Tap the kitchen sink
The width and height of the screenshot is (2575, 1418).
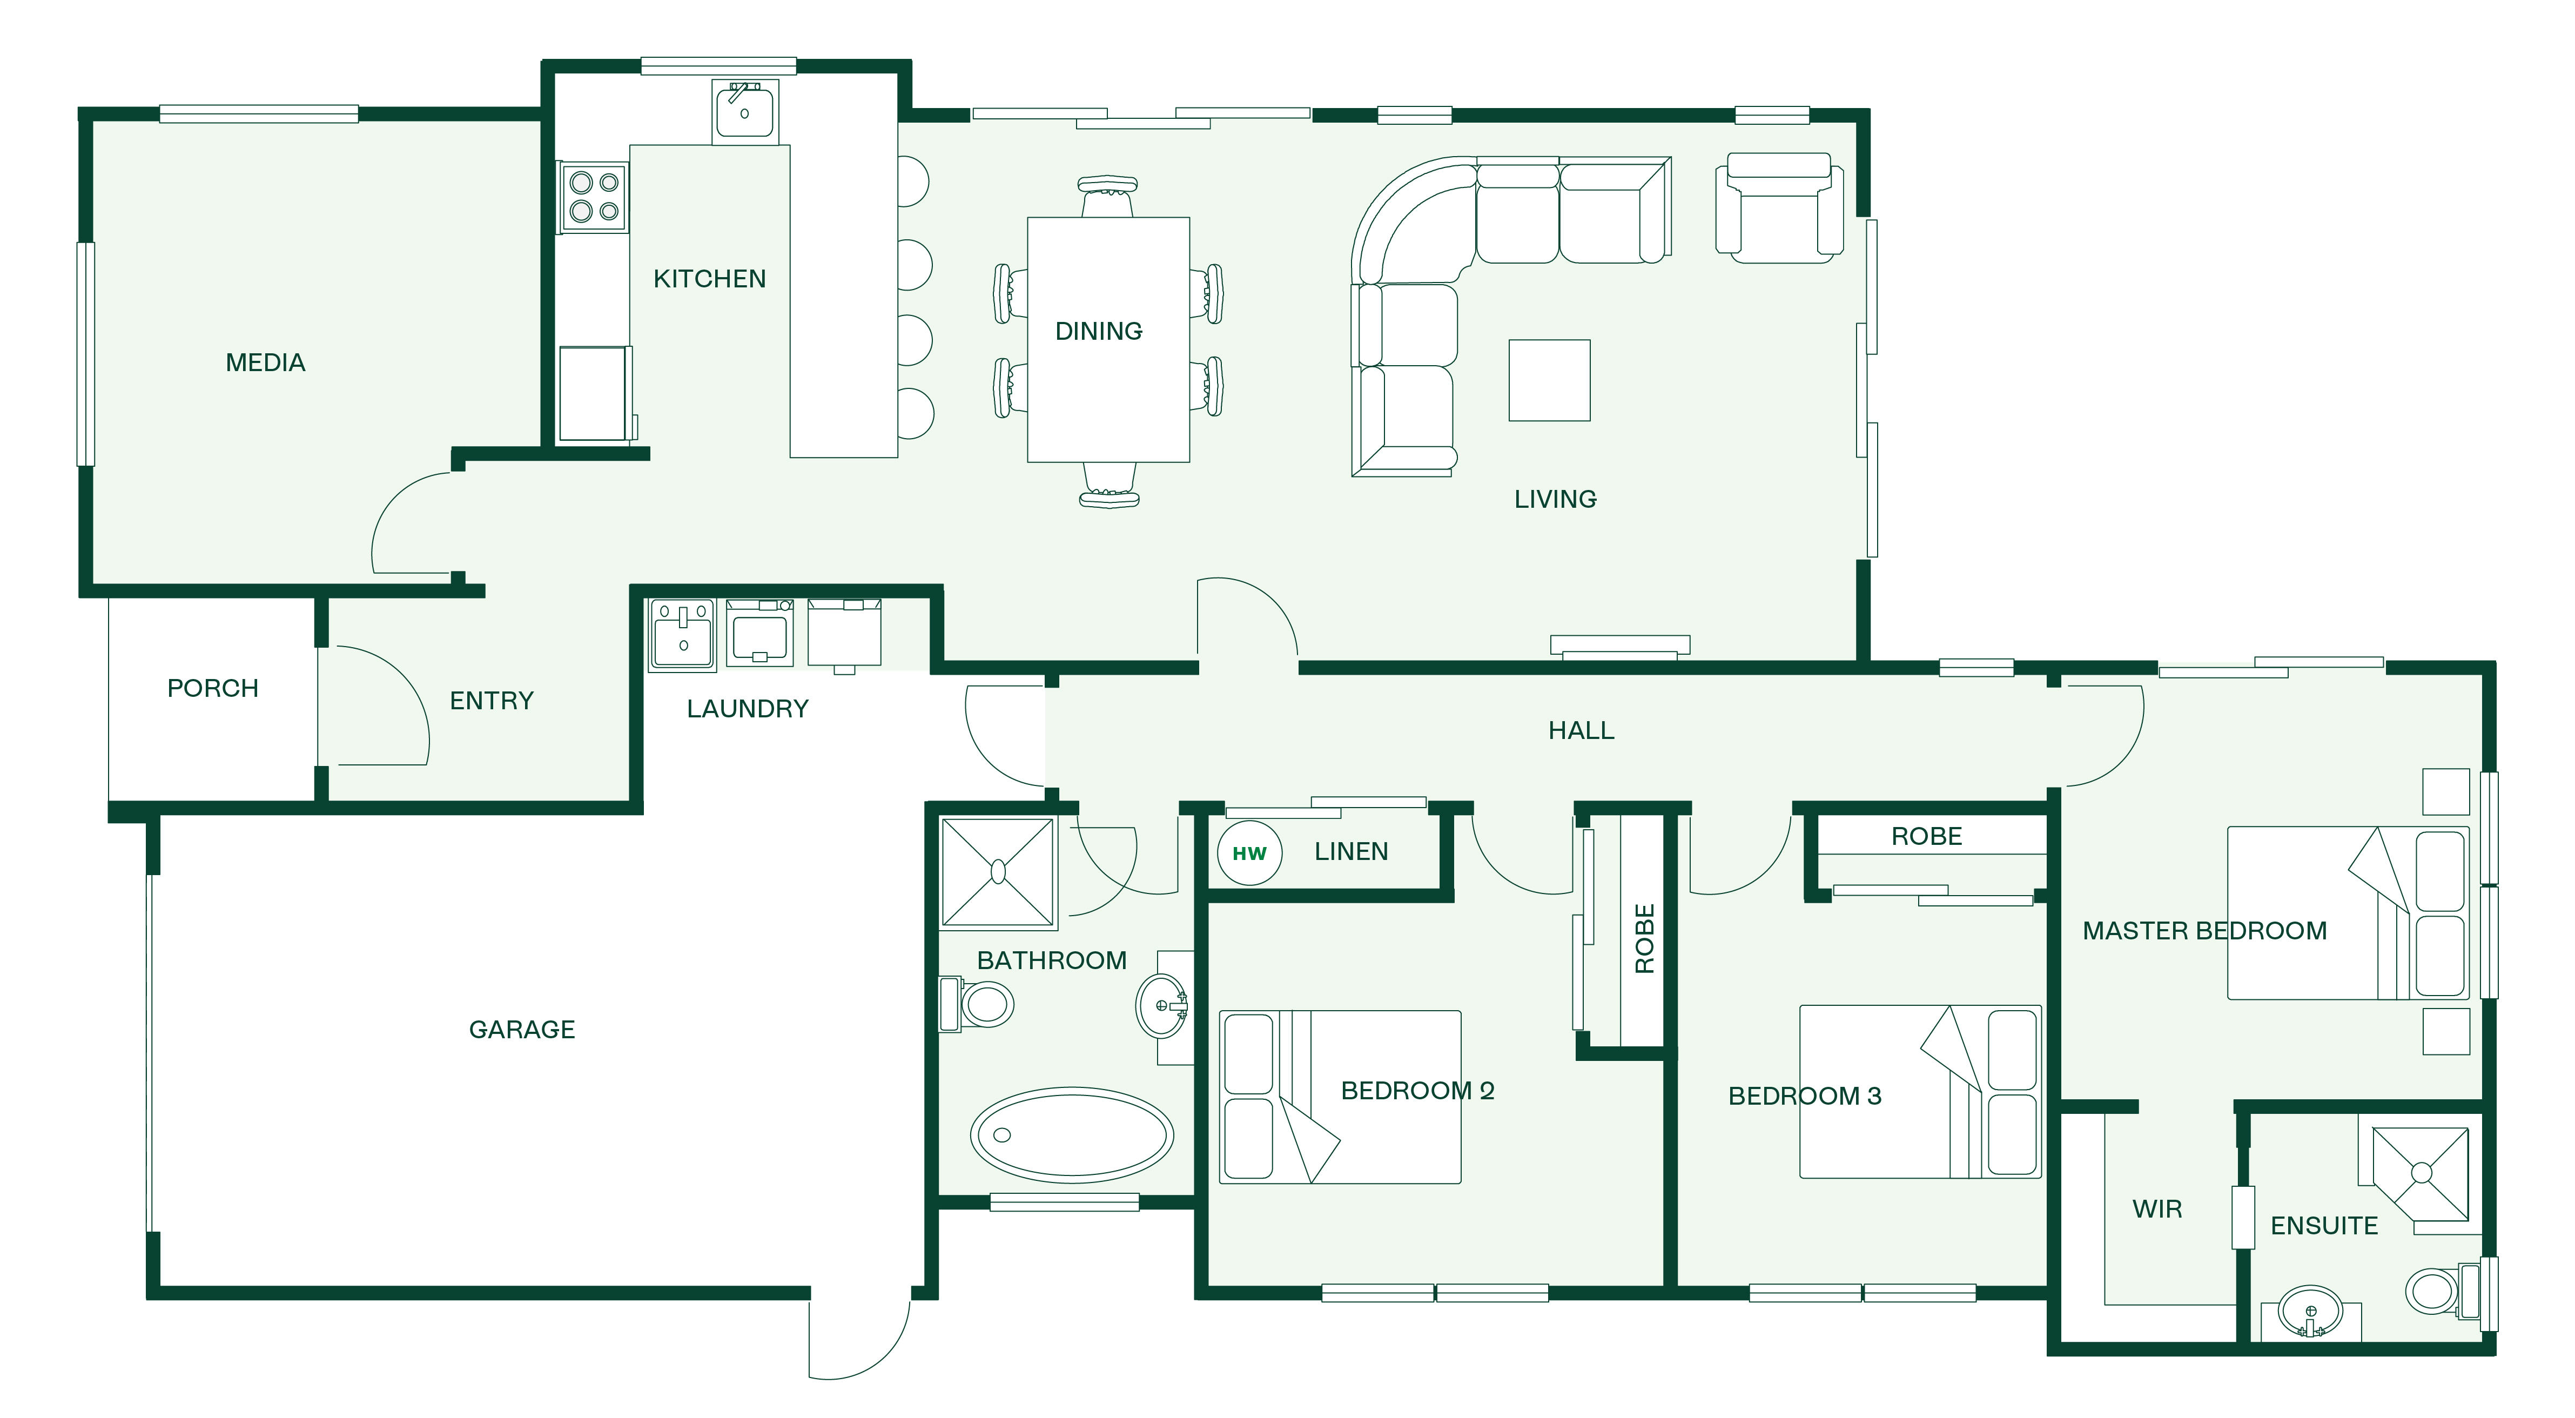(745, 112)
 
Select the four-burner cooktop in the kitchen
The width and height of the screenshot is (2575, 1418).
(594, 197)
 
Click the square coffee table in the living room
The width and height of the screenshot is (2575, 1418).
(1549, 381)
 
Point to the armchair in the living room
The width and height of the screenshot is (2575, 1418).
(1779, 208)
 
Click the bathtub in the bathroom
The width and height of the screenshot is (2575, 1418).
(1072, 1135)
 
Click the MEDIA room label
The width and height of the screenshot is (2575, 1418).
(265, 363)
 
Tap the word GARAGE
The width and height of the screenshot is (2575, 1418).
(522, 1029)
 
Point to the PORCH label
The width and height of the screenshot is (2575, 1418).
(213, 689)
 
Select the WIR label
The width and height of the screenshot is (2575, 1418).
(2157, 1209)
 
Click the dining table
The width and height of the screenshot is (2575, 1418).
(1108, 340)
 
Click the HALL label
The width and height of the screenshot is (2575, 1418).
(1582, 730)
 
